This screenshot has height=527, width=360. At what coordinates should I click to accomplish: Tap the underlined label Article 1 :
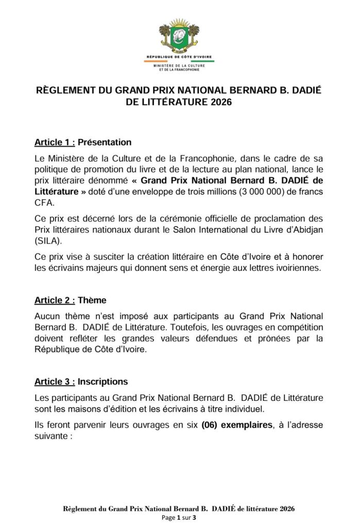55,142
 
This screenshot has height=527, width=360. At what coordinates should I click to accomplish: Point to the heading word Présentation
105,142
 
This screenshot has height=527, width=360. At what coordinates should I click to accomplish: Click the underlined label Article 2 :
55,299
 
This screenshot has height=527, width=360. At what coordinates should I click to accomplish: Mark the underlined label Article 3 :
55,381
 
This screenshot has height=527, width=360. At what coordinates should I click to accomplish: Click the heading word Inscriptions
103,381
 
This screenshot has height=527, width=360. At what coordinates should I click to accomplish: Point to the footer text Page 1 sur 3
179,518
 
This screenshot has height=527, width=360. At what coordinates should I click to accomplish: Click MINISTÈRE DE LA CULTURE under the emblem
179,65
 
